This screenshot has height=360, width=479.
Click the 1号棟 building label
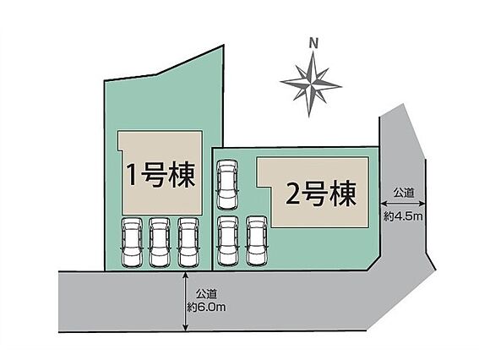(161, 175)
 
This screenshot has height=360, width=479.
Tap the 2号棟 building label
(321, 194)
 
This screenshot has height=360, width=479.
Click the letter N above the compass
(313, 43)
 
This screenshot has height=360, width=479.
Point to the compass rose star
(310, 84)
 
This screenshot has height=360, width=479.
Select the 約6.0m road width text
(206, 307)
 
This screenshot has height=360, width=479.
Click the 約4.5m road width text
(403, 216)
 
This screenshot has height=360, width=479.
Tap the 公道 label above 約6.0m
(206, 295)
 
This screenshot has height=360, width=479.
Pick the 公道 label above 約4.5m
(404, 193)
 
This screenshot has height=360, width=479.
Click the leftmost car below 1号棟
(132, 242)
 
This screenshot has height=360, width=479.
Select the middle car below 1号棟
(160, 242)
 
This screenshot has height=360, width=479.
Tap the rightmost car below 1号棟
(188, 242)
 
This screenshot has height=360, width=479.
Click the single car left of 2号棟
(227, 185)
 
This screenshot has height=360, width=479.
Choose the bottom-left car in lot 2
(227, 241)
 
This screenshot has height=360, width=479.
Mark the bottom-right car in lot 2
(257, 241)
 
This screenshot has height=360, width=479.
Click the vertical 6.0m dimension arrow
(185, 302)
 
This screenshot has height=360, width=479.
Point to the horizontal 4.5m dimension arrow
(403, 204)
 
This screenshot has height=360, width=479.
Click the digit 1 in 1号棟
(132, 175)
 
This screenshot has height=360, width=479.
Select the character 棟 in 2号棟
(343, 194)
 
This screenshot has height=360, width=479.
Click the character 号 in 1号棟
(155, 175)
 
